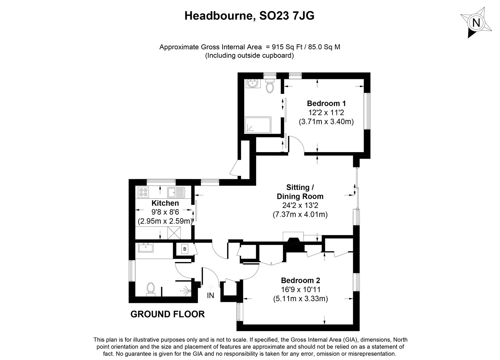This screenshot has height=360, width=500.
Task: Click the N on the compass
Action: tap(476, 23)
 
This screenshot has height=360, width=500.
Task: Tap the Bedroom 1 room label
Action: tap(326, 104)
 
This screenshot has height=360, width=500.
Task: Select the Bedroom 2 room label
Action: tap(300, 280)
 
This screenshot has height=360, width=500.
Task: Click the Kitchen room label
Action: tap(165, 203)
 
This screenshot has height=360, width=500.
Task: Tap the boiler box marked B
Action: tap(185, 249)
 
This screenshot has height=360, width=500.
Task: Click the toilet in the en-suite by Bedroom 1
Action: tap(270, 86)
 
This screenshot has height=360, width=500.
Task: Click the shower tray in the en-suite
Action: tap(258, 125)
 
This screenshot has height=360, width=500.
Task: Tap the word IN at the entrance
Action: tap(210, 295)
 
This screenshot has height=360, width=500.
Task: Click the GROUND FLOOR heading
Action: tap(167, 314)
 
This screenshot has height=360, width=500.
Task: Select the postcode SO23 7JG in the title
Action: tap(287, 16)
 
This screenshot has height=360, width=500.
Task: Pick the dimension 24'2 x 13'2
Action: tap(300, 205)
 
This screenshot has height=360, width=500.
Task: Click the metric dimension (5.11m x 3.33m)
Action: tap(300, 299)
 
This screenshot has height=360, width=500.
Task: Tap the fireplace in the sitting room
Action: tap(293, 242)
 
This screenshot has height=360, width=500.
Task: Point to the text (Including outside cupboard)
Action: tap(250, 55)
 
